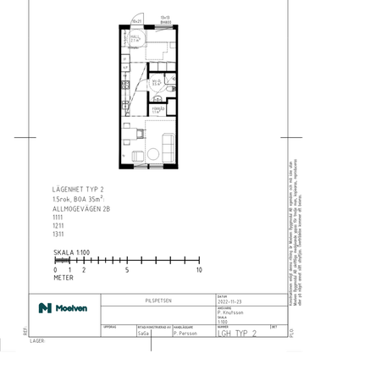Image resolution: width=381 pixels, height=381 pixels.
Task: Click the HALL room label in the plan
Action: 135,38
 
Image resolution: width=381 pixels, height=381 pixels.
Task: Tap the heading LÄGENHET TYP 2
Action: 78,190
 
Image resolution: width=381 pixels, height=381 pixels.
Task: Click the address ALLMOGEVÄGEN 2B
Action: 83,207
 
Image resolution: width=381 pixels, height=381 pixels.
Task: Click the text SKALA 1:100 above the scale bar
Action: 71,251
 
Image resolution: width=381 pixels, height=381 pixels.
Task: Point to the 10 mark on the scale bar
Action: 199,270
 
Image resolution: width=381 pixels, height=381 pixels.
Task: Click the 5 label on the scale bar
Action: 127,270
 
